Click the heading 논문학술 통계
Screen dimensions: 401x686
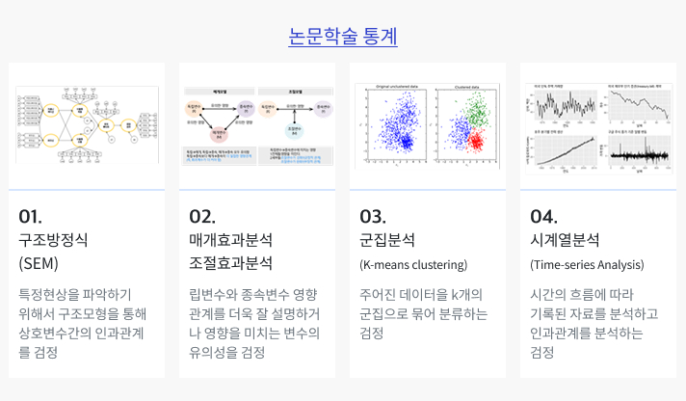343,37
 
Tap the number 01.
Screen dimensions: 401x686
30,215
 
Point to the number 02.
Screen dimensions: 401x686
201,215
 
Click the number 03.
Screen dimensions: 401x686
373,215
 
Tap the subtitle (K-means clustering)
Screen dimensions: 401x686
412,264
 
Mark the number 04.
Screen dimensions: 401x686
543,215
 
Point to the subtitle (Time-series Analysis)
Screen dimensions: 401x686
587,264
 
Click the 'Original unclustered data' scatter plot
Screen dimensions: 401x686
393,128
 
